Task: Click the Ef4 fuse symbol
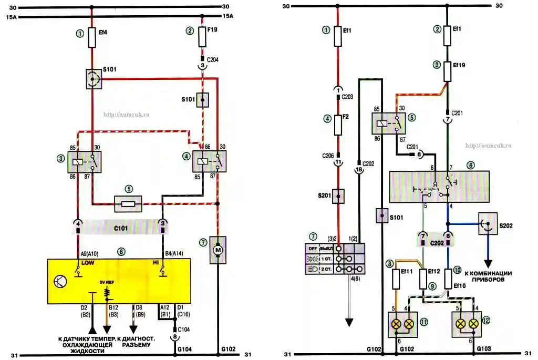click(x=92, y=38)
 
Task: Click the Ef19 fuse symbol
click(x=447, y=70)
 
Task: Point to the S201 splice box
click(x=338, y=196)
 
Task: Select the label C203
click(x=347, y=97)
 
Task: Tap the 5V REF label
click(x=107, y=282)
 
